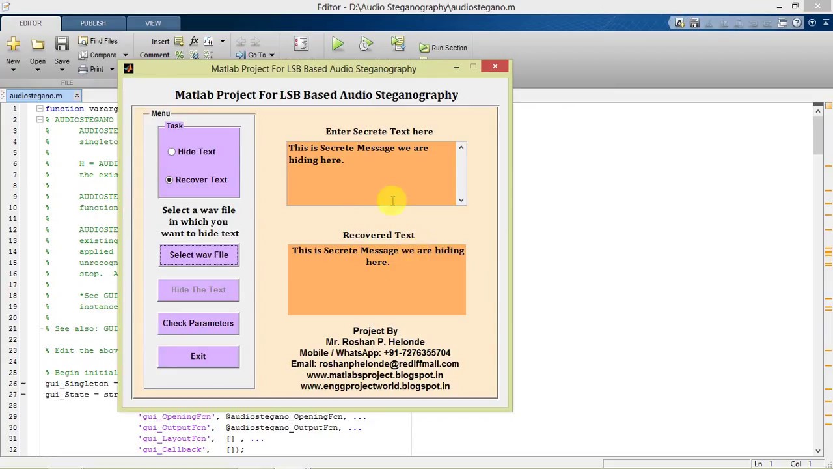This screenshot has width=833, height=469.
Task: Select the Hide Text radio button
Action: coord(172,152)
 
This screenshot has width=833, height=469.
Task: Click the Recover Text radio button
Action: coord(170,180)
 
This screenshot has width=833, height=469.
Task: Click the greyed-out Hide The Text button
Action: coord(198,290)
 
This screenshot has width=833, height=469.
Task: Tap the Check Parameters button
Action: coord(198,323)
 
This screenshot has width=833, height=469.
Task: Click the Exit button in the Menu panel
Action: coord(198,356)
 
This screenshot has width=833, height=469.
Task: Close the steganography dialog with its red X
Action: coord(495,66)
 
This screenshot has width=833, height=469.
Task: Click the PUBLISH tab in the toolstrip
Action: coord(93,23)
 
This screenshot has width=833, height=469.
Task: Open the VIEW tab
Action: coord(153,23)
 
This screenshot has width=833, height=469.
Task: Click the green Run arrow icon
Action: coord(337,44)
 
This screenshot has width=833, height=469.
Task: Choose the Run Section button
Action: coord(443,48)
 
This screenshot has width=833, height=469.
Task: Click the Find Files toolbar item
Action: coord(98,41)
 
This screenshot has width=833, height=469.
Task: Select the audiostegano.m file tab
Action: coord(36,96)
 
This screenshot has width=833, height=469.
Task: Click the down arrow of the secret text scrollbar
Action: coord(461,200)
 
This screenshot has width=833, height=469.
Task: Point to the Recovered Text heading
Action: coord(379,235)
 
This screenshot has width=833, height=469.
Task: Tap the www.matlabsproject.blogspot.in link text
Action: coord(375,375)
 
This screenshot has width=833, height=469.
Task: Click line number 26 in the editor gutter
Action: coord(14,384)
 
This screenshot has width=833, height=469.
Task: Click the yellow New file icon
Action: coord(13,44)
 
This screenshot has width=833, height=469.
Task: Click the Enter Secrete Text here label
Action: coord(379,132)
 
